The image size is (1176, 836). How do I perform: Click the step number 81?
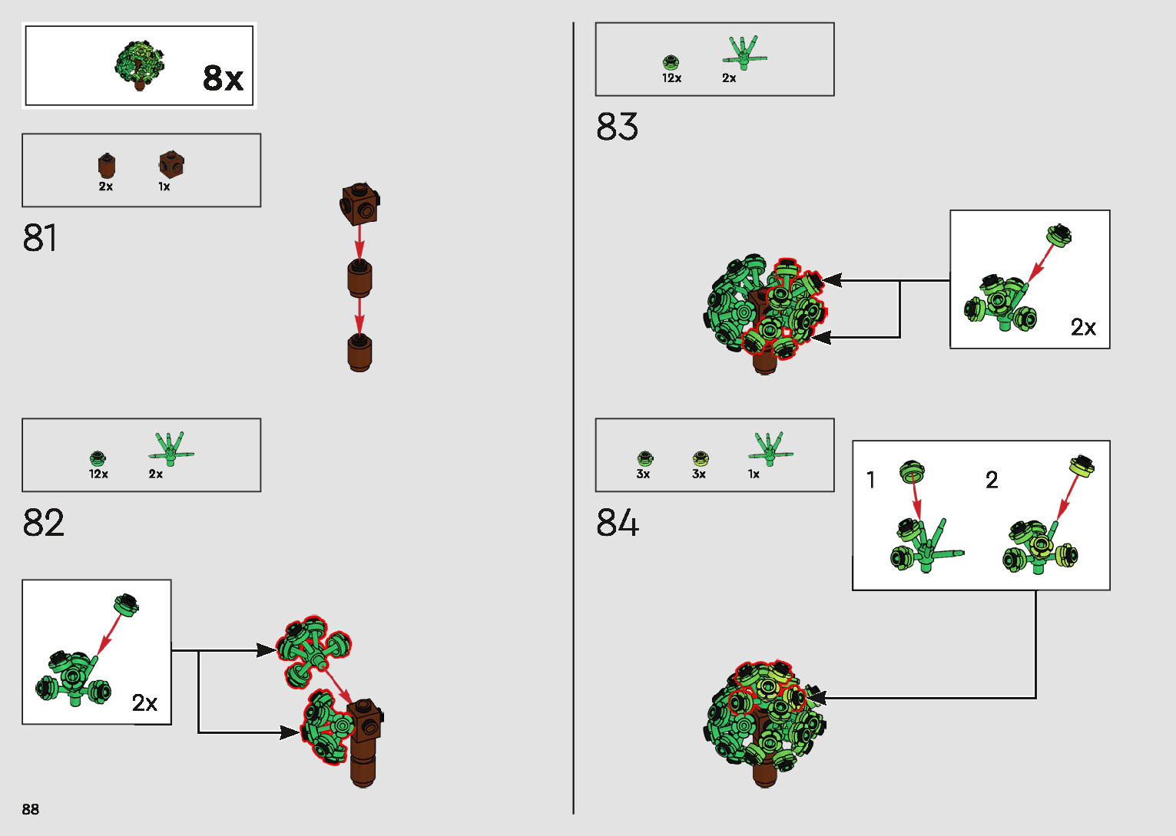pos(40,238)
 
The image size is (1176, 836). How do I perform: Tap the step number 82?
pos(43,523)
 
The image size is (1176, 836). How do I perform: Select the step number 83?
pos(617,127)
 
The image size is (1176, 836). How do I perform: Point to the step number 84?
pos(617,523)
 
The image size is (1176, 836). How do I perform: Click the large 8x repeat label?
pos(223,78)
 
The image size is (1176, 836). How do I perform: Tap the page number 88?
pos(31,809)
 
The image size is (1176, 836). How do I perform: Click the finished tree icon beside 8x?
pos(140,64)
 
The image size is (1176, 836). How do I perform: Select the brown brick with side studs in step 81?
pos(360,203)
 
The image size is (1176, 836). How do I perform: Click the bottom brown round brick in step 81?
pos(359,353)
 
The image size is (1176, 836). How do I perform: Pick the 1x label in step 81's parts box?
pos(164,187)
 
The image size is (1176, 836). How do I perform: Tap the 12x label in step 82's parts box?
pos(98,474)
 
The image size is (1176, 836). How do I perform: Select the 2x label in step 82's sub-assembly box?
pos(144,702)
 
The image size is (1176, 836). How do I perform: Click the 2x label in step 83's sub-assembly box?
pos(1083,328)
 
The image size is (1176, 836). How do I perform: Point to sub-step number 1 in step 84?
pos(870,481)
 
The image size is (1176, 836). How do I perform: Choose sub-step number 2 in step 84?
pos(992,481)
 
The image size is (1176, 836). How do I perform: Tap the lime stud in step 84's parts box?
pos(700,459)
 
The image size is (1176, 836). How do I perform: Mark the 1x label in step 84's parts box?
pos(754,474)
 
